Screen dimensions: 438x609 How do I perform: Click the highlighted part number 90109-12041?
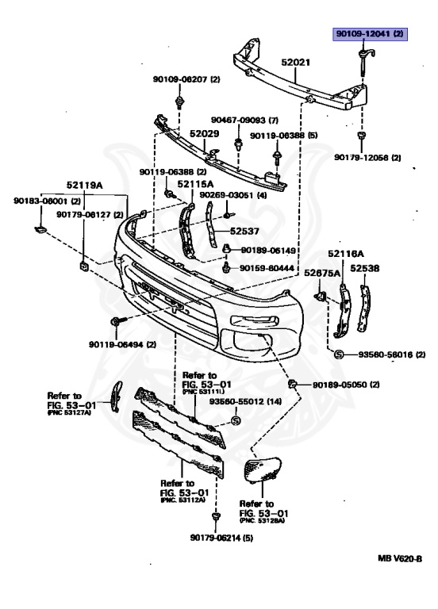[x=363, y=34]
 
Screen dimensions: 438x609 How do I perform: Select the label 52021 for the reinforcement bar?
[x=296, y=62]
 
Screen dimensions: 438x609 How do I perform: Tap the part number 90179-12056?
[x=362, y=158]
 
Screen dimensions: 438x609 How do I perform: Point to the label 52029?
[x=205, y=133]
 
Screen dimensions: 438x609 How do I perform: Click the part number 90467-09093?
[x=238, y=120]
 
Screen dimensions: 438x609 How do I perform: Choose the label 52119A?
[x=84, y=186]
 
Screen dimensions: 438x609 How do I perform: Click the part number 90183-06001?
[x=40, y=201]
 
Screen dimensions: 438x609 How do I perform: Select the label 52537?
[x=244, y=231]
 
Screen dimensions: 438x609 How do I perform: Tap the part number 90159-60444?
[x=267, y=268]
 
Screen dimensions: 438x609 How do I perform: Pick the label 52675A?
[x=322, y=273]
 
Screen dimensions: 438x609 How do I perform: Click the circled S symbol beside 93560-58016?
[x=339, y=354]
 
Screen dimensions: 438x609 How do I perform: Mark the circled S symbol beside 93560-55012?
[x=236, y=420]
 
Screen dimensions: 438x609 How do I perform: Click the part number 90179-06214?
[x=217, y=538]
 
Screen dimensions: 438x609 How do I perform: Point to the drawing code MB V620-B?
[x=400, y=558]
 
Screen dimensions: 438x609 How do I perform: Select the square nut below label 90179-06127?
[x=84, y=266]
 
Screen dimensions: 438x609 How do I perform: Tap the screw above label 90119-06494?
[x=117, y=321]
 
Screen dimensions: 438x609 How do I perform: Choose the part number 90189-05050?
[x=340, y=385]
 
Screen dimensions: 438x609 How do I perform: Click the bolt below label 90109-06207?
[x=179, y=101]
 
